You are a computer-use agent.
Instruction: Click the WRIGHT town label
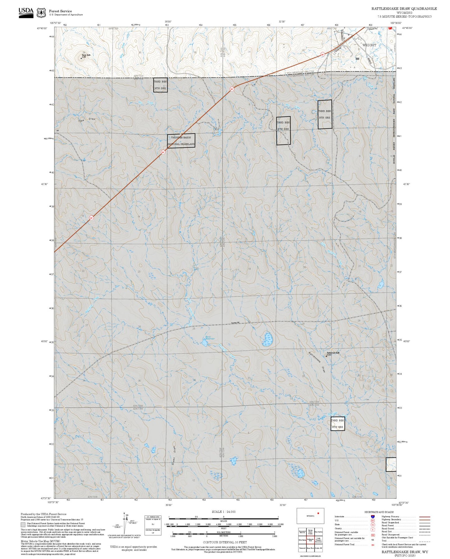[x=369, y=45]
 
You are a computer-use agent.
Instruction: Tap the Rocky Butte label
[x=86, y=55]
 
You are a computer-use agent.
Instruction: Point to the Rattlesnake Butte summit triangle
[x=326, y=355]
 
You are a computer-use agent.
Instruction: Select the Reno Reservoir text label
[x=210, y=338]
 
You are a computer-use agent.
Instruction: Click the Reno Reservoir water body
[x=205, y=343]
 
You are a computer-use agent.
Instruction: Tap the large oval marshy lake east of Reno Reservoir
[x=268, y=339]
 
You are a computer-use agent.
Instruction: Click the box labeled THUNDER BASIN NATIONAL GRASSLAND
[x=181, y=141]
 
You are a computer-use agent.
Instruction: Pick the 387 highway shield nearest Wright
[x=323, y=55]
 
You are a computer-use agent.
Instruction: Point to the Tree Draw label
[x=87, y=120]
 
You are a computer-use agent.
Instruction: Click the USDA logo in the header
[x=26, y=12]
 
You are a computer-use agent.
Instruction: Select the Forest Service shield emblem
[x=41, y=13]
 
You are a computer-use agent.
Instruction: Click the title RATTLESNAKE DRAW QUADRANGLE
[x=404, y=9]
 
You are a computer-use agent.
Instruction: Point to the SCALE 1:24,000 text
[x=224, y=512]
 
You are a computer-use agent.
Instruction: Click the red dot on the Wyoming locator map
[x=318, y=513]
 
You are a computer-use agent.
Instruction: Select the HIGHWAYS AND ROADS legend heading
[x=379, y=512]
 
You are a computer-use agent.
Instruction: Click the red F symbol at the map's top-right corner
[x=390, y=28]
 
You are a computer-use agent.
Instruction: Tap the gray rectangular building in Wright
[x=357, y=58]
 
